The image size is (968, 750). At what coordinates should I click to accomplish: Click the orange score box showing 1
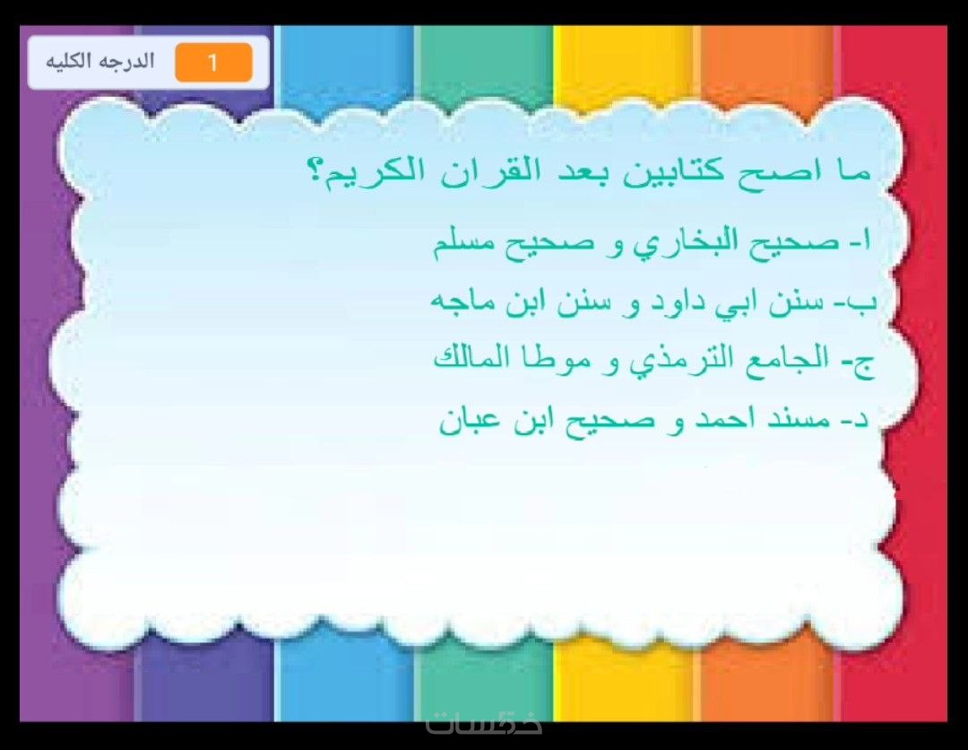pyautogui.click(x=213, y=63)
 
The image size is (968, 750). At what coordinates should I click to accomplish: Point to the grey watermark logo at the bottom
pyautogui.click(x=485, y=723)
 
